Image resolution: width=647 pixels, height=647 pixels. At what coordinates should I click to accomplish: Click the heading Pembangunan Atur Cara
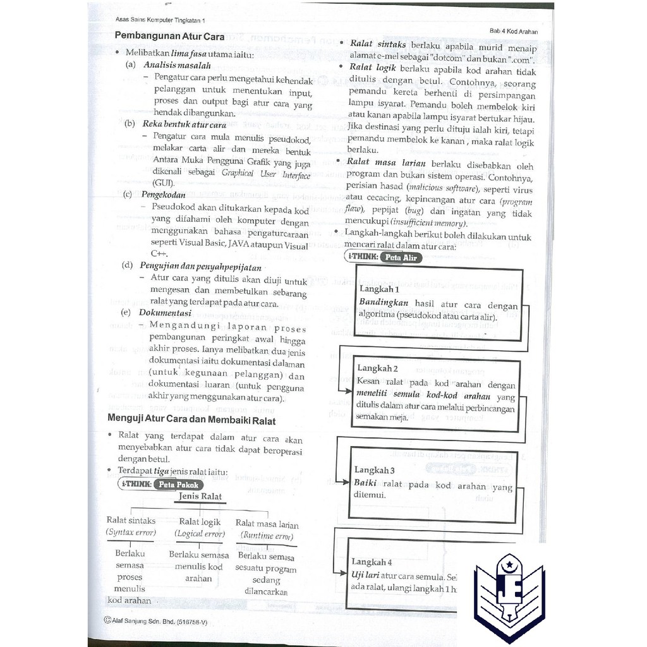[x=170, y=36]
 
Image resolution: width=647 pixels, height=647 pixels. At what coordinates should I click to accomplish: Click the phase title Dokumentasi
[x=165, y=312]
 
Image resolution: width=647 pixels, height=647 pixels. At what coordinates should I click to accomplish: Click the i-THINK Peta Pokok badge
[x=161, y=485]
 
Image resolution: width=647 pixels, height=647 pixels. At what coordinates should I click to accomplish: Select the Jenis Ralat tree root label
[x=200, y=497]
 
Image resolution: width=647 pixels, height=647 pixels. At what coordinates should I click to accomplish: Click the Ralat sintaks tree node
[x=131, y=521]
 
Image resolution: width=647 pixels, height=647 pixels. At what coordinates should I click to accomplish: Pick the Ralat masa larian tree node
[x=267, y=524]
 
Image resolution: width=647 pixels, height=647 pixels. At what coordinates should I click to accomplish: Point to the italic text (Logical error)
[x=200, y=534]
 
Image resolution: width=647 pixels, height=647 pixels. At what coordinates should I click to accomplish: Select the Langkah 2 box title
[x=377, y=368]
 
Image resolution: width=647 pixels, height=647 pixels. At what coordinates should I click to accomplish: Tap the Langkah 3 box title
[x=375, y=470]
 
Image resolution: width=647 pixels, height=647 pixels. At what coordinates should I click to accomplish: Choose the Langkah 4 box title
[x=372, y=562]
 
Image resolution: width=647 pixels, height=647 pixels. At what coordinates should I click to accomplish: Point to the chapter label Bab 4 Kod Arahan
[x=513, y=31]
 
